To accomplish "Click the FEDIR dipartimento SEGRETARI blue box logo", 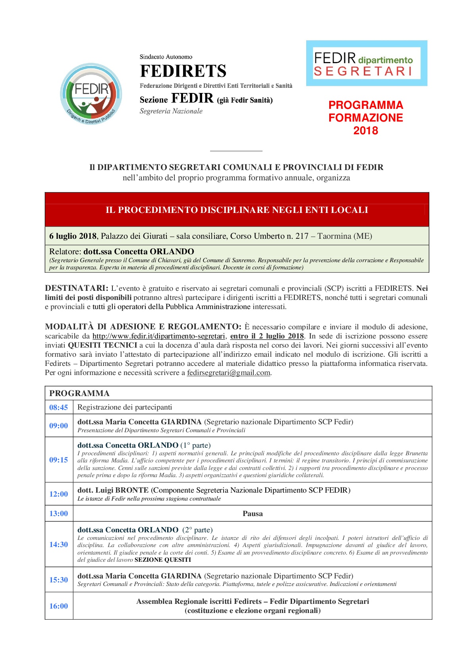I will [366, 63].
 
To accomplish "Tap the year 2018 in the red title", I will [365, 131].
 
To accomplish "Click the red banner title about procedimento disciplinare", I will [237, 210].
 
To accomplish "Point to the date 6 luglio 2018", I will [73, 236].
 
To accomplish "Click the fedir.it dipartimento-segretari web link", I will [158, 336].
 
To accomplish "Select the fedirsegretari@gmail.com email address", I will [228, 373].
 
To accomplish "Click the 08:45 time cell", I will [58, 407].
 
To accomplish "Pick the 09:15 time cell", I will [58, 460].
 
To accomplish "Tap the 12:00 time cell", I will [58, 494].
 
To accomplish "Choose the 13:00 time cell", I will [58, 513].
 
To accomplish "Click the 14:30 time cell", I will [58, 544].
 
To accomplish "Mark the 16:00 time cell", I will [58, 606].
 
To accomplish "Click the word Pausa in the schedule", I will [253, 513].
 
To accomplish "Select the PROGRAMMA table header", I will [79, 393].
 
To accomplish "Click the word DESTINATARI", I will [76, 288].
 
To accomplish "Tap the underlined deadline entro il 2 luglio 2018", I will [267, 336].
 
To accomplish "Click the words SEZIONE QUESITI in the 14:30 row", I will [163, 560].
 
